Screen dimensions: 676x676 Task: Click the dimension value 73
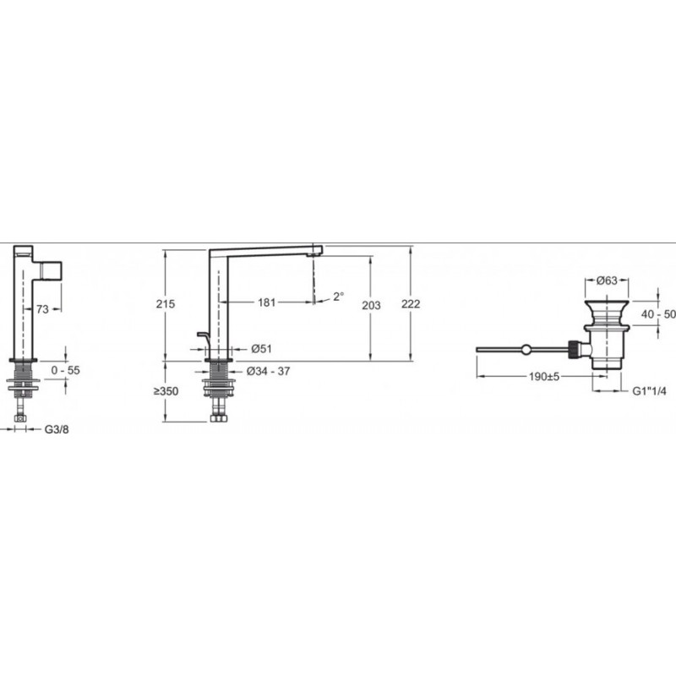[43, 309]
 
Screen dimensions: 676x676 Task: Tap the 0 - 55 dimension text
[66, 370]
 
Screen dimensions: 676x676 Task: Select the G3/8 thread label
[57, 429]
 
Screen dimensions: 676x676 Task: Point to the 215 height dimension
[166, 304]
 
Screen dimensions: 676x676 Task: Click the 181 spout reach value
[266, 303]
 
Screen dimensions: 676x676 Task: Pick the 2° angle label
[339, 297]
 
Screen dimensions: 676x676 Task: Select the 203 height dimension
[371, 305]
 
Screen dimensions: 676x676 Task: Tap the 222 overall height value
[411, 304]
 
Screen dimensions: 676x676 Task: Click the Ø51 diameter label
[261, 349]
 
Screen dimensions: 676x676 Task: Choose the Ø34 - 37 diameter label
[268, 371]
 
